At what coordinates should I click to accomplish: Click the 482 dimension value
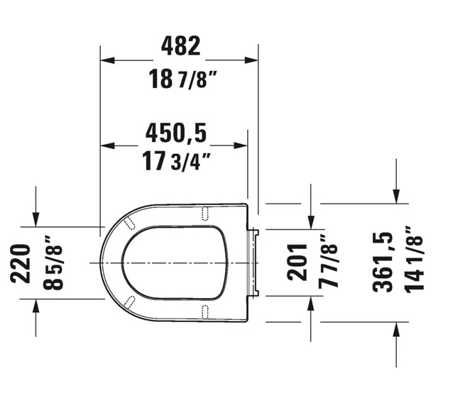[x=180, y=47]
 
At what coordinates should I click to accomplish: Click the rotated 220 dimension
[x=21, y=263]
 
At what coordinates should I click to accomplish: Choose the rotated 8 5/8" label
[x=52, y=263]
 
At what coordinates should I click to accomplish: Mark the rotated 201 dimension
[x=299, y=262]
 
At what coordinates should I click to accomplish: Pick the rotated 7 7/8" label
[x=327, y=262]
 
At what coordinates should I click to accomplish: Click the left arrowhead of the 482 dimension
[x=107, y=60]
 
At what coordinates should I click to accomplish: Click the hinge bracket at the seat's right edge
[x=255, y=263]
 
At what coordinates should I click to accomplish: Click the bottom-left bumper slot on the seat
[x=130, y=301]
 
